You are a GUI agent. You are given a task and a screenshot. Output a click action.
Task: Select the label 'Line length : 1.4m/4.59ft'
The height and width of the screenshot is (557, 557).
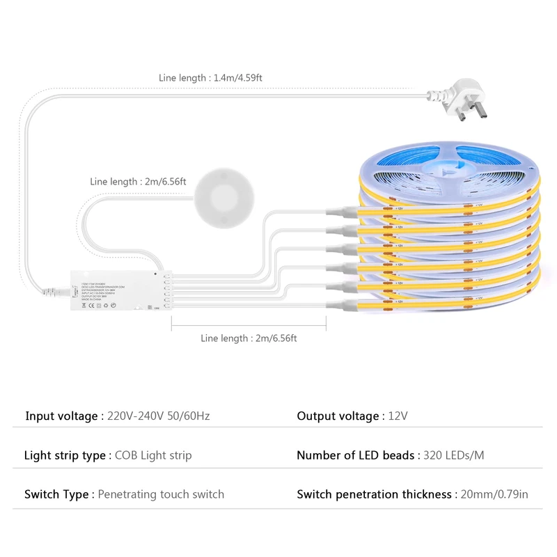click(210, 78)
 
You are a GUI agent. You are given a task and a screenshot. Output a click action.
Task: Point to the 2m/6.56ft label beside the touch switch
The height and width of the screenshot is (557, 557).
click(139, 182)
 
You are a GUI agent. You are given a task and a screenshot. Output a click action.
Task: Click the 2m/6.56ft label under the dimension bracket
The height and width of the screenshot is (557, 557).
click(249, 338)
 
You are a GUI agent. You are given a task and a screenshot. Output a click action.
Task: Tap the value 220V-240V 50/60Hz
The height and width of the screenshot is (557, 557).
click(159, 416)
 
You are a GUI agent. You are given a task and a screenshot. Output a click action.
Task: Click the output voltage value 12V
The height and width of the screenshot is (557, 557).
click(398, 416)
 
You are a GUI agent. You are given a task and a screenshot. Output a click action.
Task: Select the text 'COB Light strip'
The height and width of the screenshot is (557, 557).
click(153, 455)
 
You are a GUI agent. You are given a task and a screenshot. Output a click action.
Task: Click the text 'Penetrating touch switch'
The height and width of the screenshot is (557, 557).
click(161, 494)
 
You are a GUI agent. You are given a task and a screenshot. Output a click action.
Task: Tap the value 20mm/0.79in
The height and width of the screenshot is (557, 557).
click(493, 494)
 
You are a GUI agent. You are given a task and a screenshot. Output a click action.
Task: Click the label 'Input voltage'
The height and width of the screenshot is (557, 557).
click(62, 416)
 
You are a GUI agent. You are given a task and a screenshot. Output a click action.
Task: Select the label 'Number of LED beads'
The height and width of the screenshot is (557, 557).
click(356, 455)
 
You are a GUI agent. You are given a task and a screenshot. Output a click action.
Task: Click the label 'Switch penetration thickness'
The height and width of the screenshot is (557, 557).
click(374, 494)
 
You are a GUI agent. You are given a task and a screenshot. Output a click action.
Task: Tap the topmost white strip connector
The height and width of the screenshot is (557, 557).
click(342, 210)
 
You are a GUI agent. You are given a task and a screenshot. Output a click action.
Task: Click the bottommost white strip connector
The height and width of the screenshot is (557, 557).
click(342, 304)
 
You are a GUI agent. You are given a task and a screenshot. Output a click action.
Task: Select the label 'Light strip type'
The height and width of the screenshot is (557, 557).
click(65, 455)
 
